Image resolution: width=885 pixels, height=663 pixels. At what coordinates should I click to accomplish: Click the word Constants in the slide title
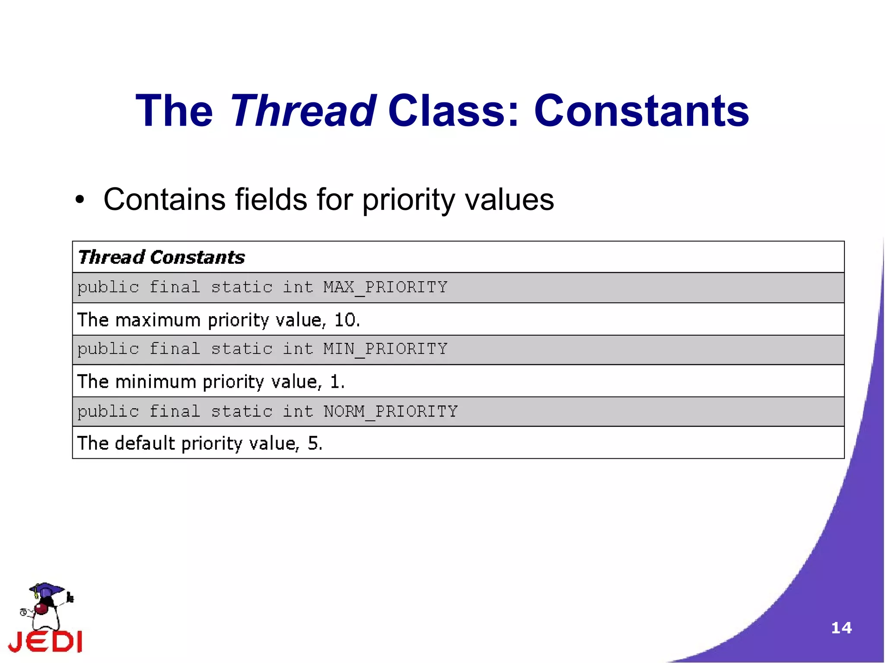click(x=641, y=111)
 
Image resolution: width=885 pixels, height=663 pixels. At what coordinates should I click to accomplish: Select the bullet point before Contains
click(x=80, y=200)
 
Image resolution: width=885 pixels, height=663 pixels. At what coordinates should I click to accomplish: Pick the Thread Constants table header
click(x=162, y=257)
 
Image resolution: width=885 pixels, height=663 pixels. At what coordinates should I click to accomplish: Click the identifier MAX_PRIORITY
click(x=385, y=288)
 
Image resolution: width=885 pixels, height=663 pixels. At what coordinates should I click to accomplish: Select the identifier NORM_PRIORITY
click(x=391, y=412)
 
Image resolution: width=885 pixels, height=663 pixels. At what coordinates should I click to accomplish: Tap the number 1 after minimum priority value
click(x=335, y=382)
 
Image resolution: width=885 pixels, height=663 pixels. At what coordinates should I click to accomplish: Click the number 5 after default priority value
click(x=313, y=444)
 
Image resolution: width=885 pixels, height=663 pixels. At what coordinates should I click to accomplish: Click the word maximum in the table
click(x=158, y=320)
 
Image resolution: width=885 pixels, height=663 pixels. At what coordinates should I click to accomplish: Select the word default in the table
click(x=145, y=444)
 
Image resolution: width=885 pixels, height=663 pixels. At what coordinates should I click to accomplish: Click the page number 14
click(x=841, y=628)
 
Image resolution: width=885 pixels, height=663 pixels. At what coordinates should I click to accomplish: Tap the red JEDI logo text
click(x=46, y=641)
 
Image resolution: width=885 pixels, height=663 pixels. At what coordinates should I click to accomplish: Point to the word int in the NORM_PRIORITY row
click(x=298, y=412)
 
